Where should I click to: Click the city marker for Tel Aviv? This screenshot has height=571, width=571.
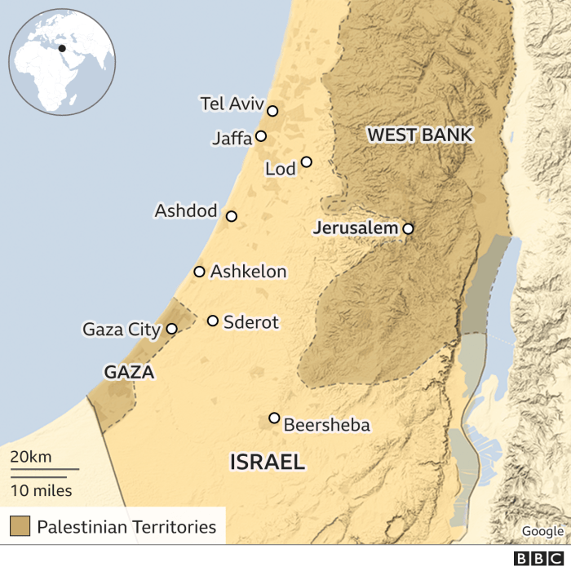point(272,111)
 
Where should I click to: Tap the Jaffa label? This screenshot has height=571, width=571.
point(232,138)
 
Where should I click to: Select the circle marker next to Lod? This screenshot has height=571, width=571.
point(307,162)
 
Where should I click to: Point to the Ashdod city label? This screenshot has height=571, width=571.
point(186,211)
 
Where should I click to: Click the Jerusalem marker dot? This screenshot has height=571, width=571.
point(408,229)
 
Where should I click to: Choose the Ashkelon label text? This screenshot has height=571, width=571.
point(249,272)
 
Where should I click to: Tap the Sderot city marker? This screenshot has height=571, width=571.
point(213,321)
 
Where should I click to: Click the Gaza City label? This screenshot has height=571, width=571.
point(122,330)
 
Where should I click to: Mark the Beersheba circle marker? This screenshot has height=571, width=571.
point(274,418)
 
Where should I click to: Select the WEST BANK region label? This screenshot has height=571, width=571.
point(420,135)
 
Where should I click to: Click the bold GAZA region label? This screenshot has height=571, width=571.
point(129,372)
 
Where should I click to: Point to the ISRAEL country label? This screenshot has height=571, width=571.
point(268,463)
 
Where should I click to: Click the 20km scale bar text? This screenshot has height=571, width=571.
point(30,456)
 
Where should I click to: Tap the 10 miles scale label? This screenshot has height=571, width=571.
point(41,490)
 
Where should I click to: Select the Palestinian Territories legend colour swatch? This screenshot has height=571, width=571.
point(20,526)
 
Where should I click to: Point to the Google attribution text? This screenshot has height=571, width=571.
point(542,531)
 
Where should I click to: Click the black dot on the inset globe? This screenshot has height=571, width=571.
point(63,48)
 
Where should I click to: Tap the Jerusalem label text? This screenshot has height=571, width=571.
point(356,228)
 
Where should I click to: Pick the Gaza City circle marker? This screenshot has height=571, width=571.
point(171,329)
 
